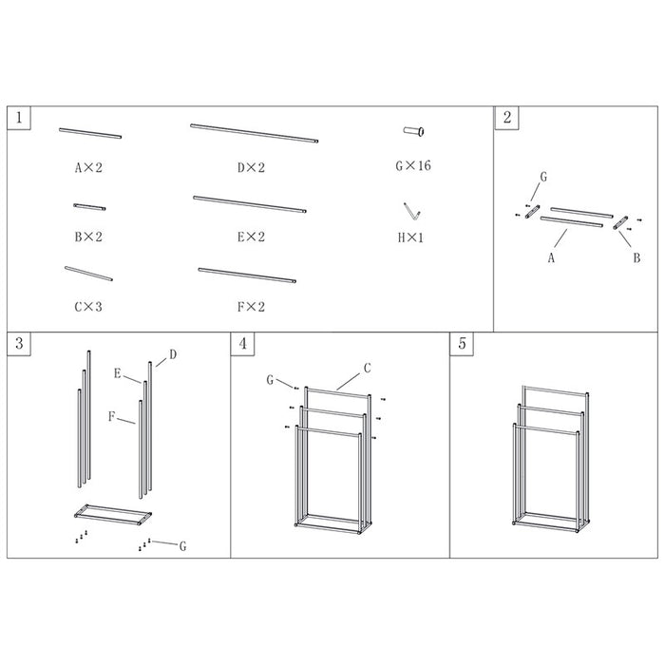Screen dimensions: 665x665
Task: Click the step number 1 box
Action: (19, 118)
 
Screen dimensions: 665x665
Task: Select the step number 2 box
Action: (506, 118)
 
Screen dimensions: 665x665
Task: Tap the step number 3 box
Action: (19, 344)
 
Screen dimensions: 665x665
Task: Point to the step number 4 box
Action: (242, 344)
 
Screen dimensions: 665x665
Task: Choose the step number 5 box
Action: (462, 344)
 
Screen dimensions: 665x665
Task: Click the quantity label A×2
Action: (88, 168)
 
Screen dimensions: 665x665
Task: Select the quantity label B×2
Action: (88, 237)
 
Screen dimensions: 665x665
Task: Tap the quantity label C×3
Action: (88, 307)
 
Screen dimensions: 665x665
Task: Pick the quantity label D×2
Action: (251, 168)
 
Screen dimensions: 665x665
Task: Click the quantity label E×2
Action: (251, 237)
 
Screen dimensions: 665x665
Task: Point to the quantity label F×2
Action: (251, 307)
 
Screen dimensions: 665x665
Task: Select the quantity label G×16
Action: (413, 165)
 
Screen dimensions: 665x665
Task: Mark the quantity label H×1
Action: (410, 237)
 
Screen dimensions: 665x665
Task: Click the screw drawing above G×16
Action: (414, 131)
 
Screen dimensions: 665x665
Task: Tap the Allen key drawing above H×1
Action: (411, 211)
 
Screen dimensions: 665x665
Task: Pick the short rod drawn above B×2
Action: (89, 207)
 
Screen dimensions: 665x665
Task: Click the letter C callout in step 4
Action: (368, 369)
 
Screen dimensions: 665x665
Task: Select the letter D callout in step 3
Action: (173, 354)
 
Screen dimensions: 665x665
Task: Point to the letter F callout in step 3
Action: (111, 416)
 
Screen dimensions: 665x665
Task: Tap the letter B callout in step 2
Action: (636, 257)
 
